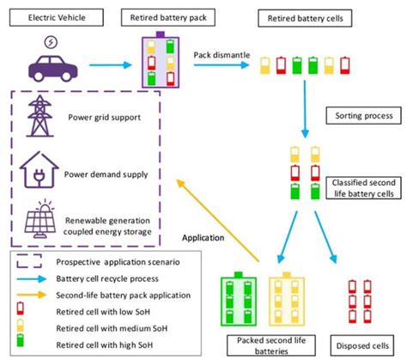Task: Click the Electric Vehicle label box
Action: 57,17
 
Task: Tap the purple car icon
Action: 53,69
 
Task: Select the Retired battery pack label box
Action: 168,17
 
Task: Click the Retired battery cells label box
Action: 305,18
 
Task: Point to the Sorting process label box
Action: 363,116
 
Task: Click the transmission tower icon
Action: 39,116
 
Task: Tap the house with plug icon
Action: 39,170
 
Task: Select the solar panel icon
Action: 40,219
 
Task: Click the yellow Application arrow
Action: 217,220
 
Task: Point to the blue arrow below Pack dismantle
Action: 222,65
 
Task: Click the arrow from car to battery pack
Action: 110,65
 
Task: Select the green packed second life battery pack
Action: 239,299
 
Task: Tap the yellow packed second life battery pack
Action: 287,300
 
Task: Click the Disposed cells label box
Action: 362,345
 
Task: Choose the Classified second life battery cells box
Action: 363,188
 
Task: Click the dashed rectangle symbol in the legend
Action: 29,261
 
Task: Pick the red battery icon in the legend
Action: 20,308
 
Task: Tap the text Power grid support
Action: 104,117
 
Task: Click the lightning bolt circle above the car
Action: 51,42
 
